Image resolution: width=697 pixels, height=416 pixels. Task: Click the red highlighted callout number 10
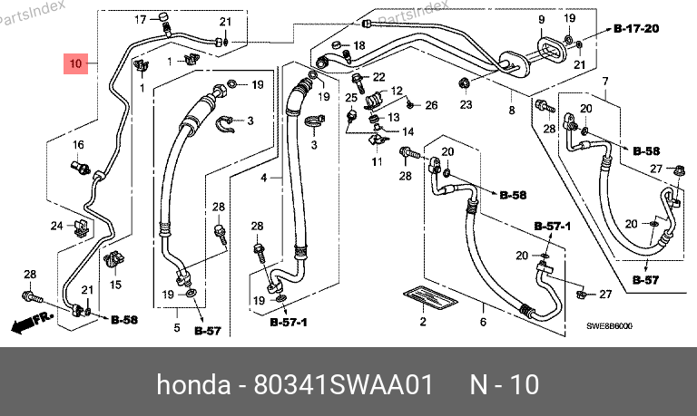76,64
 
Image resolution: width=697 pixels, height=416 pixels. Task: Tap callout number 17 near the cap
141,19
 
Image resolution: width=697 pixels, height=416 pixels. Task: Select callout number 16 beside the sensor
78,145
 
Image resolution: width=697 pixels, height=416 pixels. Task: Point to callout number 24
56,225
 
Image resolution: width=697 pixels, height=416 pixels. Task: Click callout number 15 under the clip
115,285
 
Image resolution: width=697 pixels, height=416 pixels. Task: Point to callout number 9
541,20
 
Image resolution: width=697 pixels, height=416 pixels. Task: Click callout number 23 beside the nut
466,105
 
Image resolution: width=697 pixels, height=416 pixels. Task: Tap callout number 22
379,76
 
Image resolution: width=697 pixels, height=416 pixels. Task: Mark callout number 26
431,105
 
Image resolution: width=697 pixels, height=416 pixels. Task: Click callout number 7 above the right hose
604,82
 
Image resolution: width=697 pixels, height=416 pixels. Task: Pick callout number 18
359,45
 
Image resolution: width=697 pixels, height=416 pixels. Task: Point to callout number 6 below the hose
484,322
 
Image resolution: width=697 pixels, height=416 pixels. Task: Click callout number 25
350,97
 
